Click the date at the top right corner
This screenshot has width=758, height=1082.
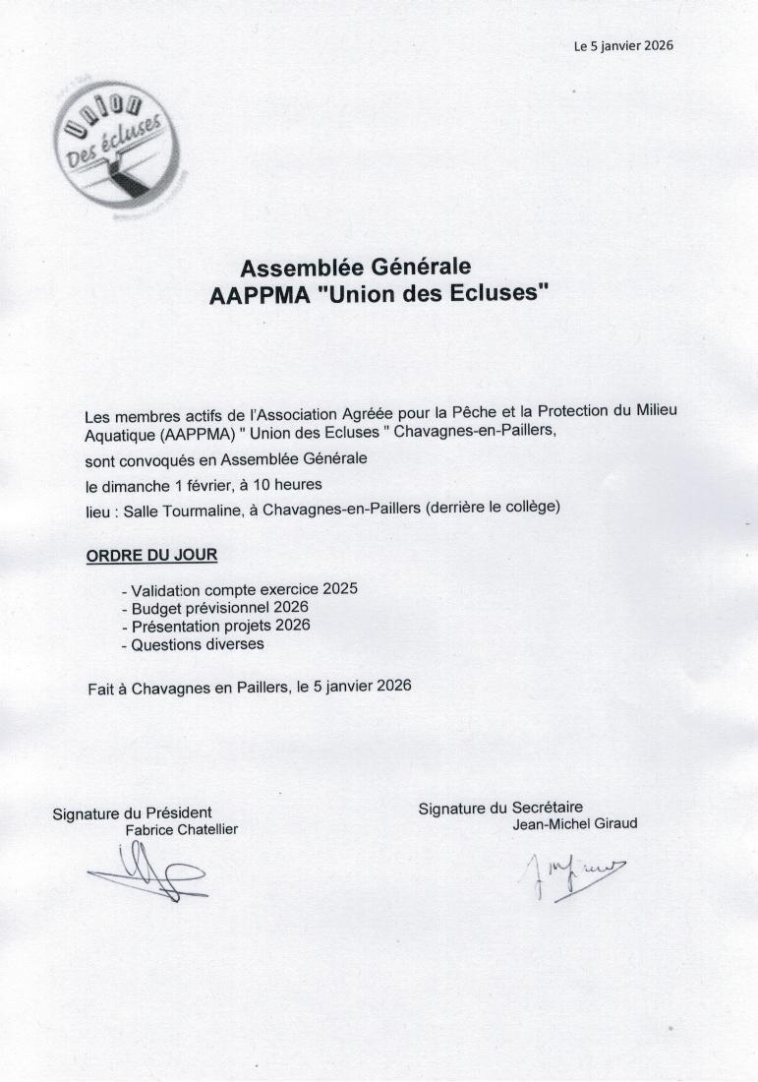coord(623,45)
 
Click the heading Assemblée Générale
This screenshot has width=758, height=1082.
coord(356,267)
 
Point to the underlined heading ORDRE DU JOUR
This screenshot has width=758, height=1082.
coord(152,555)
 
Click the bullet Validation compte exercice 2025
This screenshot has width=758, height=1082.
coord(239,589)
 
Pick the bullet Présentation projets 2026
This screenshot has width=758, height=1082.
coord(215,626)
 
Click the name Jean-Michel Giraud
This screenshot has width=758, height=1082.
coord(574,824)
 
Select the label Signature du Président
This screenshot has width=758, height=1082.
coord(132,812)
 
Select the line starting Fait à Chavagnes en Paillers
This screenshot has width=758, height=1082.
coord(249,687)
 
